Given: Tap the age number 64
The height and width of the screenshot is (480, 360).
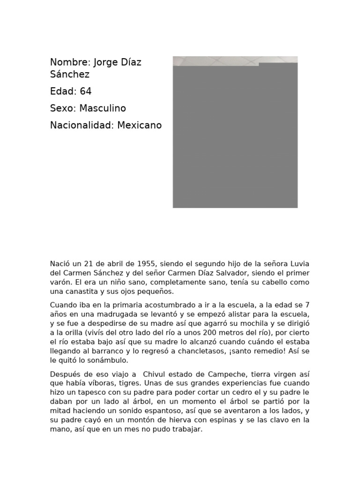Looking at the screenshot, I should pos(86,91).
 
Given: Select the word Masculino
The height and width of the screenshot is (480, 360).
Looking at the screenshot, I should pos(103,108).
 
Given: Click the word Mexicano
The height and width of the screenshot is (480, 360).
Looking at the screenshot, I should pos(139,125).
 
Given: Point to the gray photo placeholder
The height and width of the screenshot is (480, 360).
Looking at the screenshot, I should pos(235,136).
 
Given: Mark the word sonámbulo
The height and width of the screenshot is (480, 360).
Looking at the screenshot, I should pos(107,360).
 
